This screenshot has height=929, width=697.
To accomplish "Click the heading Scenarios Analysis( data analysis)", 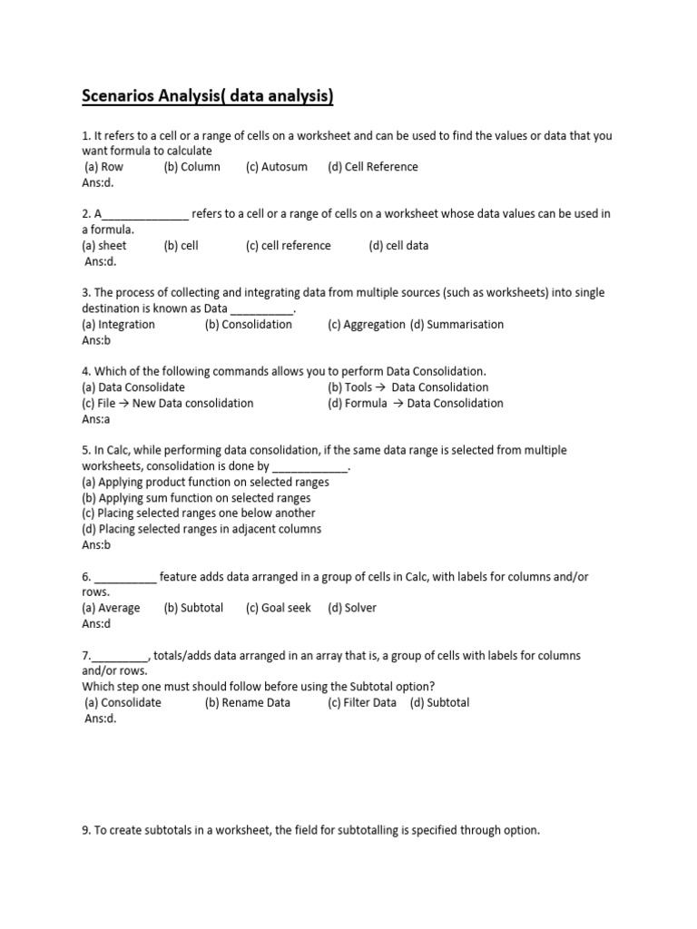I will pos(208,96).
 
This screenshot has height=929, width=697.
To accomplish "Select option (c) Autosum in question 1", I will pos(276,167).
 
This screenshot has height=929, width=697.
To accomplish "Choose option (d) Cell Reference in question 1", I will pos(373,167).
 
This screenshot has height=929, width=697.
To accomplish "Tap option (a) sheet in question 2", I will pos(104,246).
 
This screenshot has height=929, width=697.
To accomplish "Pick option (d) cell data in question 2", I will pos(398,246).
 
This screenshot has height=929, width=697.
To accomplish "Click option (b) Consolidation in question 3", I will pos(248,325).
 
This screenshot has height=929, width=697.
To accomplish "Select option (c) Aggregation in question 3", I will pos(366,325).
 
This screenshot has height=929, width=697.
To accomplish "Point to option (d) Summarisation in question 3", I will pos(456,325).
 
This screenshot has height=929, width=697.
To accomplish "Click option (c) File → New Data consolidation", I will pos(167,404).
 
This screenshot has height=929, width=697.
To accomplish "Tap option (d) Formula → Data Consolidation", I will pos(415,404).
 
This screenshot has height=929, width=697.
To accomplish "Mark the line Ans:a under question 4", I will pos(95,419).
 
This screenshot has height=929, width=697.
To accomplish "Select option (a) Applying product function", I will pos(205,483).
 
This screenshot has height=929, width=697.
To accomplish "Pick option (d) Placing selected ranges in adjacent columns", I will pos(201,529).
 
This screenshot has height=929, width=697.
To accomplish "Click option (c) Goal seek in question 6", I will pos(278,608).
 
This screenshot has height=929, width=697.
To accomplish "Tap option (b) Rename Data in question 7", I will pos(247,703).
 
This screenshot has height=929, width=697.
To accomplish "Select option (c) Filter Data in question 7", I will pos(362,703).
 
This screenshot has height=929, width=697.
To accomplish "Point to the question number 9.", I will pos(86,830).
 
